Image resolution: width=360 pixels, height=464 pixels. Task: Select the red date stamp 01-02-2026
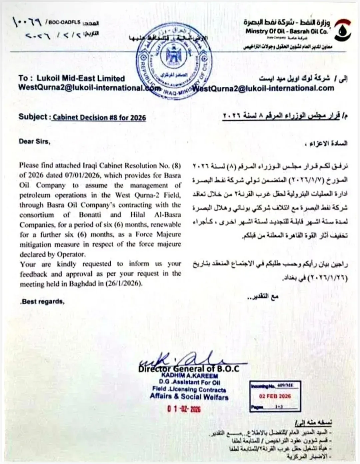pos(184,409)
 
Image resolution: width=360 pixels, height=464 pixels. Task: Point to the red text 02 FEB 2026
pos(275,396)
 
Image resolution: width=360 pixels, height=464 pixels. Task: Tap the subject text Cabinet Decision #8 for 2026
pos(99,117)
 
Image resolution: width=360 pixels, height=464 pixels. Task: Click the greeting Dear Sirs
pos(34,141)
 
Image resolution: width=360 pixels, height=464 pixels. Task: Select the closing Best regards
pos(42,302)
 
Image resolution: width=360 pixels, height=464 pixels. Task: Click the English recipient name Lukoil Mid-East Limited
pos(81,78)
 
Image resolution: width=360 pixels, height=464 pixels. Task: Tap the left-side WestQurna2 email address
pos(85,88)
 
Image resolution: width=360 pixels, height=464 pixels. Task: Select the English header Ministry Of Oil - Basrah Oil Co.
pos(287,31)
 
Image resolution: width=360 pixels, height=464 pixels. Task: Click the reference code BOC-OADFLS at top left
pos(64,22)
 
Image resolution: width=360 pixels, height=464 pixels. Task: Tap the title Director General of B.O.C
pos(189,369)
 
